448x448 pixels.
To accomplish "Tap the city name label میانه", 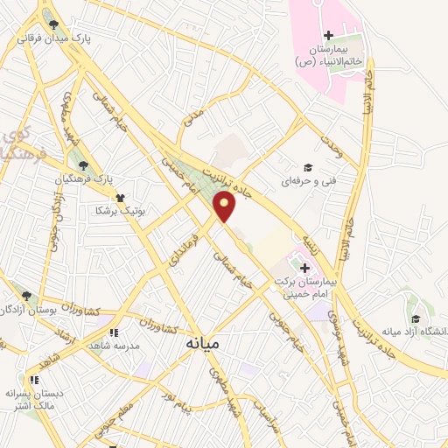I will point(203,345).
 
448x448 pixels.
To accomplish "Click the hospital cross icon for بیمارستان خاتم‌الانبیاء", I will point(328,36).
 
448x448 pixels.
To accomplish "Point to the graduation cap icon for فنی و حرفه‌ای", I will point(306,167).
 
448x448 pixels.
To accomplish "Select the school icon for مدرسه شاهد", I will point(114,332).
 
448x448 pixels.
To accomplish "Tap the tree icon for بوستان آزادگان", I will point(27,296).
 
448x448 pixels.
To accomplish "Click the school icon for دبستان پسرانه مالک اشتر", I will point(34,380).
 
